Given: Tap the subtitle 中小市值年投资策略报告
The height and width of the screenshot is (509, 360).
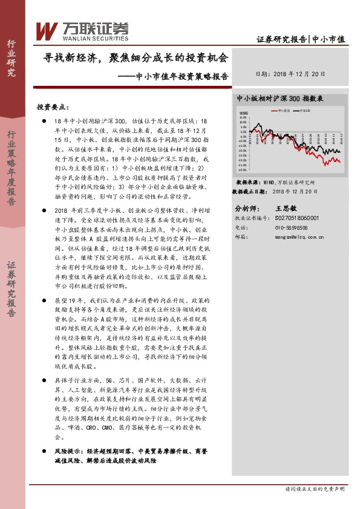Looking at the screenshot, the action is [x=182, y=77].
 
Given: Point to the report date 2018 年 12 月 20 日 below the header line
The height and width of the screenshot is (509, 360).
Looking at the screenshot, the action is [x=290, y=74].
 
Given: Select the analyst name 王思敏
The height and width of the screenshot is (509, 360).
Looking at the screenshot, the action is [x=286, y=207].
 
